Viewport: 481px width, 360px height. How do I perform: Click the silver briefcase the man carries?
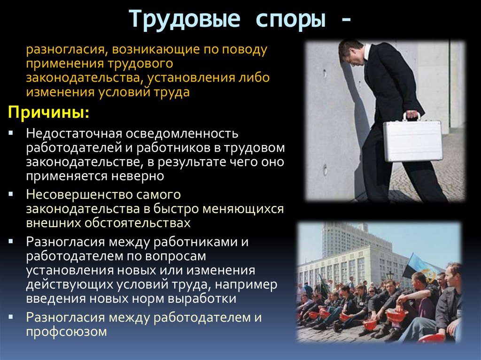(x=412, y=140)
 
